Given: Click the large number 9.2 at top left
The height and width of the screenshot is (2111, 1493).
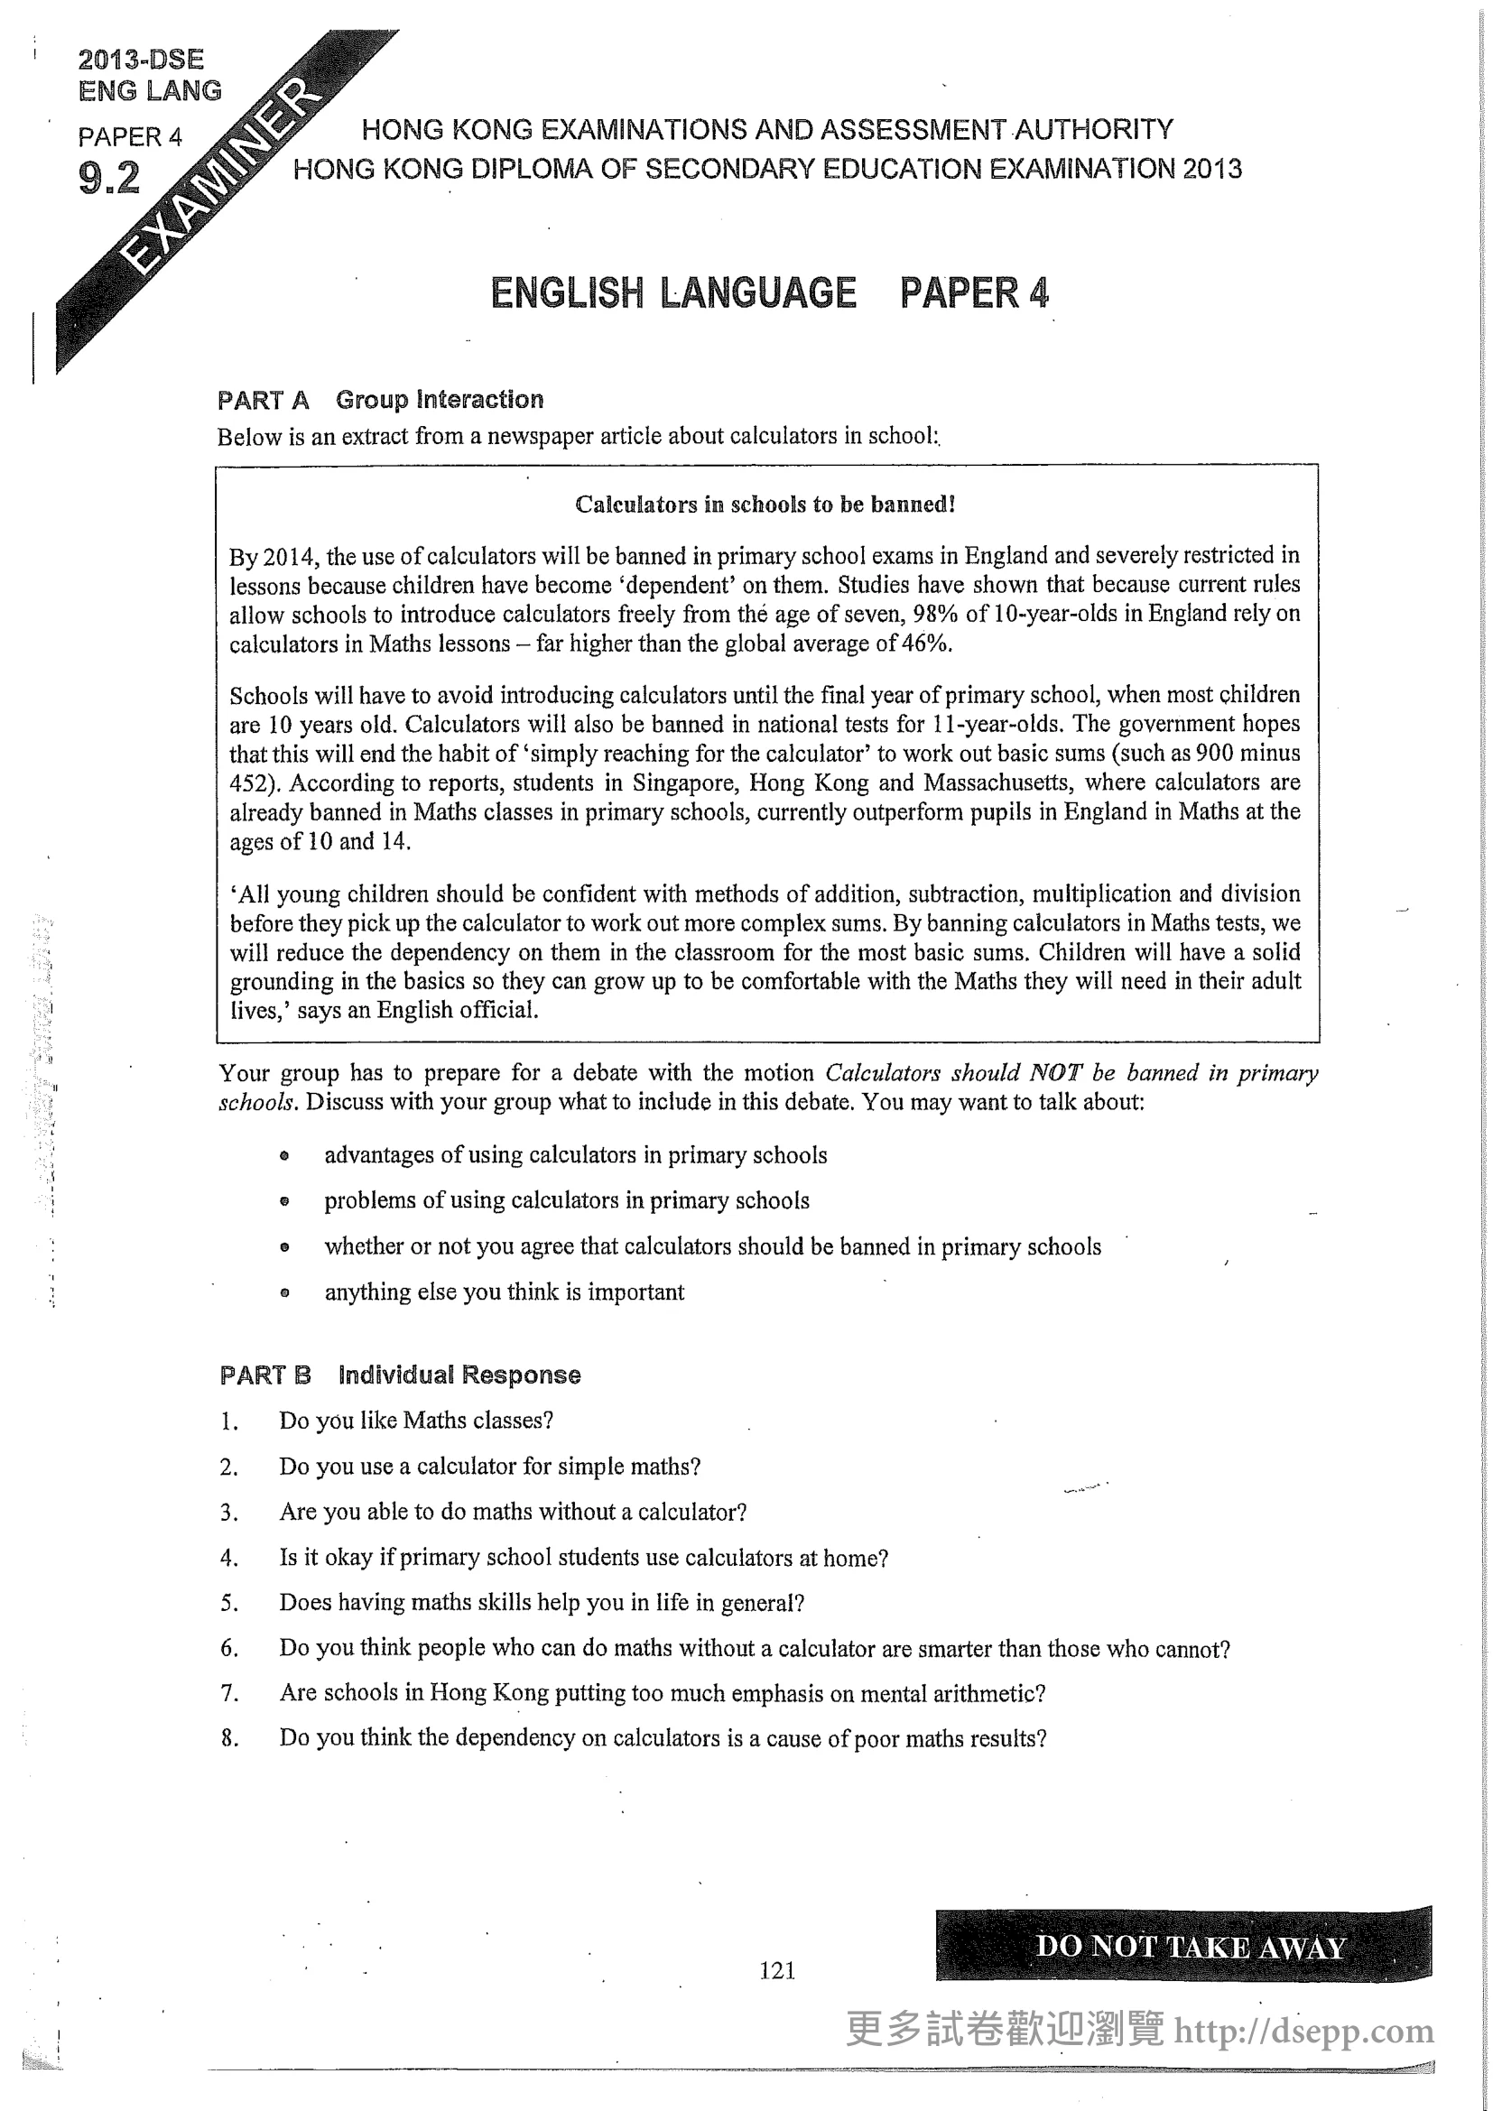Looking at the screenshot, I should click(109, 178).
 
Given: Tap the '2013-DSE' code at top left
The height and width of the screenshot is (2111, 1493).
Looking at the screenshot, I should click(141, 60).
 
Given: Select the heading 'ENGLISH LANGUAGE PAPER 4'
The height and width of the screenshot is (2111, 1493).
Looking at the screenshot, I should click(768, 293).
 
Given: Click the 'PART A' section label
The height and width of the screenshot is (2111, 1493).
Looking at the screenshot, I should click(263, 400).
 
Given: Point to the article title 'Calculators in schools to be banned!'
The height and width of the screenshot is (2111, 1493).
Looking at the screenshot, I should click(765, 504).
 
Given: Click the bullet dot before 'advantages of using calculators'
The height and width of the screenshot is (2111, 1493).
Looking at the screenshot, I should click(285, 1156).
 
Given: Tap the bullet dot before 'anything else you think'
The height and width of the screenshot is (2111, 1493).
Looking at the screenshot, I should click(285, 1292).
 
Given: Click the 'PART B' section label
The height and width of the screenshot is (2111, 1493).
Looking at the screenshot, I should click(264, 1375).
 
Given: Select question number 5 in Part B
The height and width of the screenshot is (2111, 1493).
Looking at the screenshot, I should click(229, 1604).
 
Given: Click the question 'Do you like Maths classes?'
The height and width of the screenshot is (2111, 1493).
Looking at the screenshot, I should click(415, 1421).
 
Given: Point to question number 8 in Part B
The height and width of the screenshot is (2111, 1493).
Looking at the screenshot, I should click(229, 1738).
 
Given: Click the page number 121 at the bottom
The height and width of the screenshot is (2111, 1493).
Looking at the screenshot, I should click(777, 1969).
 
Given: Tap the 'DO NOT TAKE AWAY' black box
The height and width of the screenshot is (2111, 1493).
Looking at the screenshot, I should click(1183, 1946).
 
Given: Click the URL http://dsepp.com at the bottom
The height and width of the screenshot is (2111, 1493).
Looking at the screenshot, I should click(1303, 2030).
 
